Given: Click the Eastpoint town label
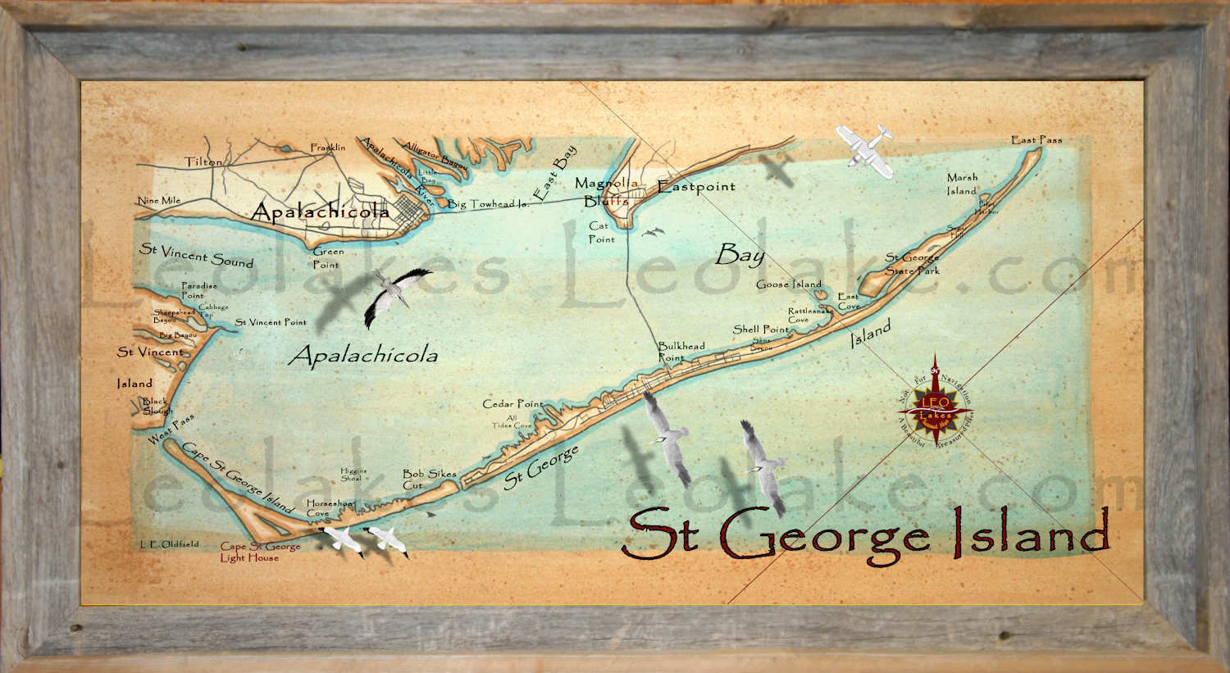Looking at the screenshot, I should click(x=696, y=186).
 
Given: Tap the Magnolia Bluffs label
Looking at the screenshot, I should click(x=606, y=192).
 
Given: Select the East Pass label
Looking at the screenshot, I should click(x=1036, y=140).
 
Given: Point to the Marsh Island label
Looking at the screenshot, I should click(x=962, y=184).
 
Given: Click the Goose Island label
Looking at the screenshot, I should click(x=788, y=284).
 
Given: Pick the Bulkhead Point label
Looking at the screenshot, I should click(x=681, y=352).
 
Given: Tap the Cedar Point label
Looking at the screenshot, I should click(x=513, y=403).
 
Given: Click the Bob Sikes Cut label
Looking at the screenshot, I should click(x=429, y=479).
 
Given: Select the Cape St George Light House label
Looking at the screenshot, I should click(x=259, y=552).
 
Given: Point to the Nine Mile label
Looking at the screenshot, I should click(x=159, y=201).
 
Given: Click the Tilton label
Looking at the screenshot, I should click(x=203, y=161).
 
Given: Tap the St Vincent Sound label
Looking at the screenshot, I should click(x=196, y=255).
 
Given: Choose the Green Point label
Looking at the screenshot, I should click(x=327, y=258).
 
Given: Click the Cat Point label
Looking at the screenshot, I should click(x=600, y=233).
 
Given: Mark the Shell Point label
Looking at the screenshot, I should click(x=760, y=329).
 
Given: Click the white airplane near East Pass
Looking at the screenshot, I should click(x=865, y=150).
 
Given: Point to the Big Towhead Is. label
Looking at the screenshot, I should click(x=487, y=203).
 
